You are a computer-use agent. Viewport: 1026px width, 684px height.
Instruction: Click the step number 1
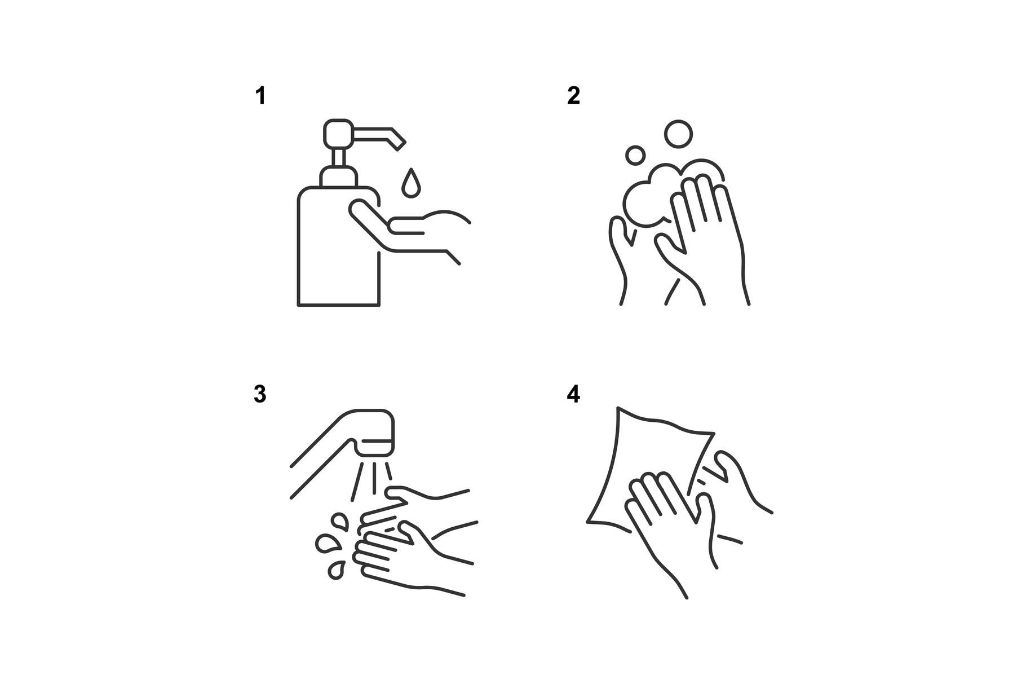[260, 96]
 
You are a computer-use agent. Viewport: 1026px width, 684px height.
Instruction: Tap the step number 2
[573, 96]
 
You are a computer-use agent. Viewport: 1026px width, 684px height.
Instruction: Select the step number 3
[260, 394]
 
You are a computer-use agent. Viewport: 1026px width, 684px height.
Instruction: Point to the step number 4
[573, 394]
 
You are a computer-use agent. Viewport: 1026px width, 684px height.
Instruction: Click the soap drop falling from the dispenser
[411, 183]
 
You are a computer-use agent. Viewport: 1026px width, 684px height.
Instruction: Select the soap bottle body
[338, 246]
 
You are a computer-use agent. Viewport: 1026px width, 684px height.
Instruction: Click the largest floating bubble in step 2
[678, 134]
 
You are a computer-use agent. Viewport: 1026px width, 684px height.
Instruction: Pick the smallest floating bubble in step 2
[635, 155]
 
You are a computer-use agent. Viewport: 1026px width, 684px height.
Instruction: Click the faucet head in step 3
[375, 433]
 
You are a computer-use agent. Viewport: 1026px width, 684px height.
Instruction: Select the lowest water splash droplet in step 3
[337, 570]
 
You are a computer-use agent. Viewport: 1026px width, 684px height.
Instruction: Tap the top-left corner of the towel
[618, 407]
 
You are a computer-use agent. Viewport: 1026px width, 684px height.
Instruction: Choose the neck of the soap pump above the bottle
[338, 157]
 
